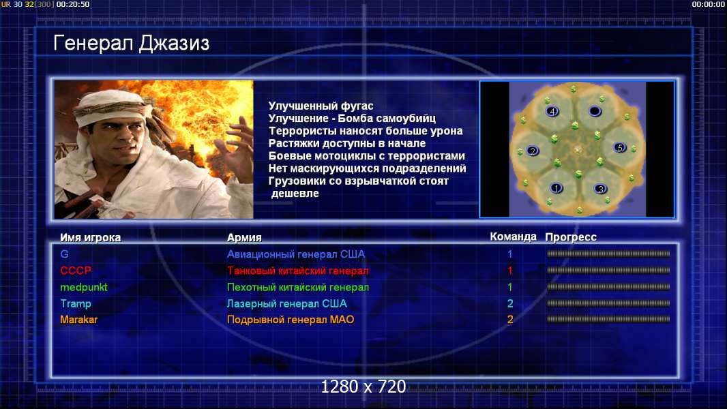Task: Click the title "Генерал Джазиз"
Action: point(131,44)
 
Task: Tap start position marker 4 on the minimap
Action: point(552,111)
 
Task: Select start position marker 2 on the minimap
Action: point(533,151)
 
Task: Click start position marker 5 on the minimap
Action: point(620,148)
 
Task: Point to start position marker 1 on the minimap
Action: point(556,188)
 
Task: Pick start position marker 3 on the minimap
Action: point(600,189)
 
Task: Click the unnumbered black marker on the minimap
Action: point(595,111)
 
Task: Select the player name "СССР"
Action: point(76,271)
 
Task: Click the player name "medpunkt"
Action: point(83,287)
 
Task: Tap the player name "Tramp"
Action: point(76,304)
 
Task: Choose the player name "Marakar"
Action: point(79,320)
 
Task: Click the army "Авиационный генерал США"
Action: point(296,254)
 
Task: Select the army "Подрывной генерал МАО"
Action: point(291,320)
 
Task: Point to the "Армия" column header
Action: point(244,238)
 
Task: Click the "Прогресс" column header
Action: point(571,237)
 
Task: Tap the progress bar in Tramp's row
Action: point(608,303)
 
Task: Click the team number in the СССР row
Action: point(510,271)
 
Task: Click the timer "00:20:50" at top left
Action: point(73,4)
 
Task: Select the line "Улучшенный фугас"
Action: point(321,106)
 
